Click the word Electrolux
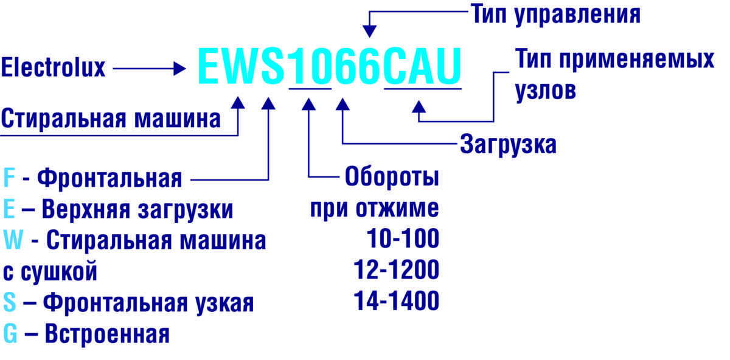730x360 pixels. [x=53, y=67]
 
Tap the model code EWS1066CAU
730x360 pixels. [x=330, y=66]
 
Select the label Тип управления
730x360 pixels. [x=555, y=15]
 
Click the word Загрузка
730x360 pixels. [x=508, y=145]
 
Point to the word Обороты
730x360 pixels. [x=392, y=177]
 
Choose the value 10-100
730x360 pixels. [x=403, y=238]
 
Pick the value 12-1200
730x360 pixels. [x=396, y=270]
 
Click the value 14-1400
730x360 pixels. [x=396, y=300]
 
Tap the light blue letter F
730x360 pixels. [x=9, y=178]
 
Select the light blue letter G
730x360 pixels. [x=10, y=333]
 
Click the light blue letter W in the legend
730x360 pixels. [x=13, y=240]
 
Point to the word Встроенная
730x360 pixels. [x=107, y=334]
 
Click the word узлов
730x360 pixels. [x=546, y=91]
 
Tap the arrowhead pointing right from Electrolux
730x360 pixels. [x=179, y=69]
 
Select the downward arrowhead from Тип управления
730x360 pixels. [x=370, y=32]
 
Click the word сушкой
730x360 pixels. [x=59, y=271]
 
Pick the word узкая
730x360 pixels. [x=224, y=303]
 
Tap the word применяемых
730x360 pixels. [x=637, y=60]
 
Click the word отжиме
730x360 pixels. [x=397, y=208]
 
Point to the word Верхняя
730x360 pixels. [x=86, y=209]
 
